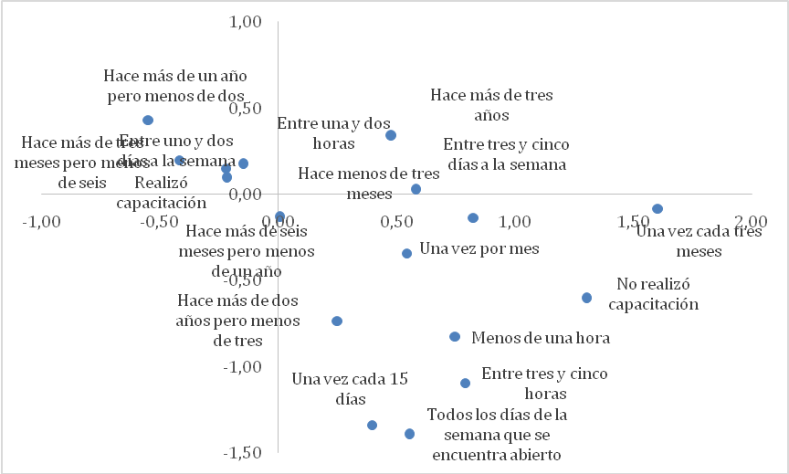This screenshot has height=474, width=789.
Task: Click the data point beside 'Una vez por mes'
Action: click(407, 253)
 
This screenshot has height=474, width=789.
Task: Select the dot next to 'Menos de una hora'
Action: click(455, 337)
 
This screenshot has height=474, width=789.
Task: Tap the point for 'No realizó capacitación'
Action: click(586, 298)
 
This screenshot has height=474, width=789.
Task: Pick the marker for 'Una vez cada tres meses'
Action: click(657, 209)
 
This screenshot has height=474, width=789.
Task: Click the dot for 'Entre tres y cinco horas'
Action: click(465, 384)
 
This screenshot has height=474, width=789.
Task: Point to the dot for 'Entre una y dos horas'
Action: click(391, 135)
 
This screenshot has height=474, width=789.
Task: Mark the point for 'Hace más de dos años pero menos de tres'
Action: click(337, 321)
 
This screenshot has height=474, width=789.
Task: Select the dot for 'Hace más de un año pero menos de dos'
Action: click(148, 121)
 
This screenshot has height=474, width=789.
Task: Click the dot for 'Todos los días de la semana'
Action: click(410, 434)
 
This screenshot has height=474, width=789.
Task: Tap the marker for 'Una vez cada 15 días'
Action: click(373, 425)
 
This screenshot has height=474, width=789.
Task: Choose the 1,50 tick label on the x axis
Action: click(636, 221)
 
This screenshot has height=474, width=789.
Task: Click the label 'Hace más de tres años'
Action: click(491, 104)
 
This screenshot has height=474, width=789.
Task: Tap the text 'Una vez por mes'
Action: click(479, 248)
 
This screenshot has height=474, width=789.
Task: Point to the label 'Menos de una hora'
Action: click(541, 338)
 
